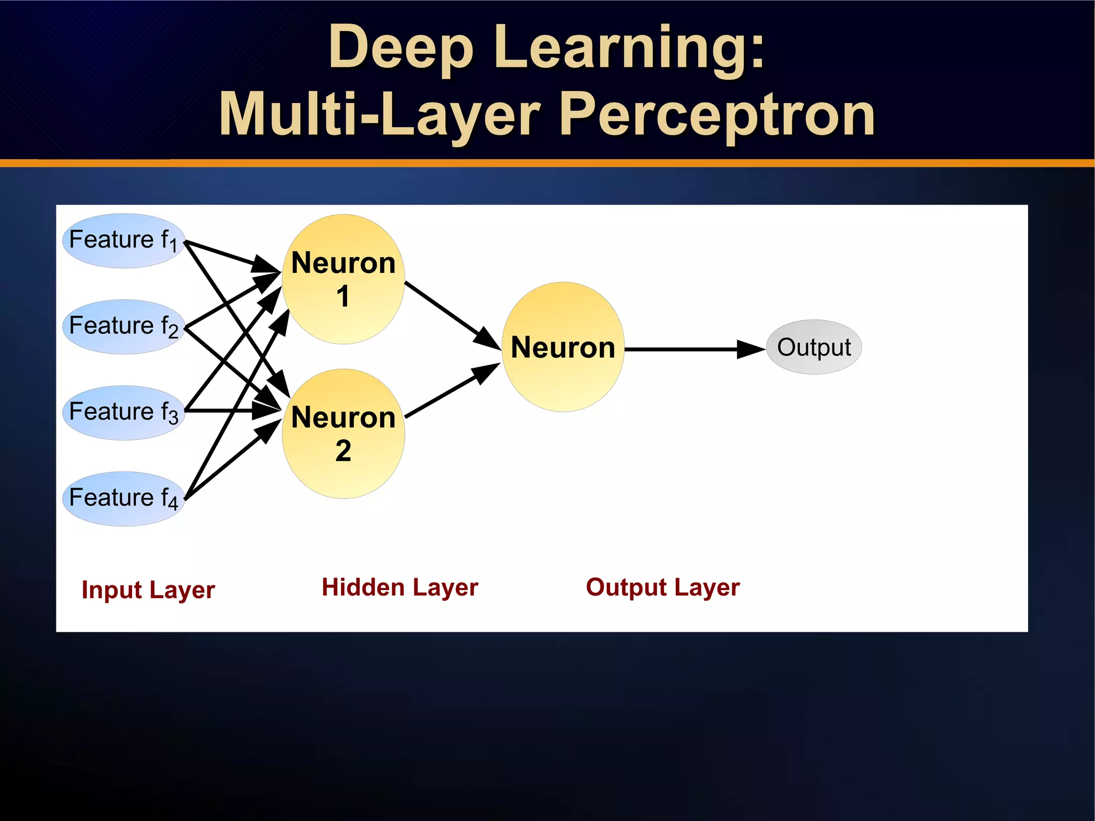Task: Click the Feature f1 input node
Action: click(124, 241)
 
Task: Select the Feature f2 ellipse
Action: click(124, 327)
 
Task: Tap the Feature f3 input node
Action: click(124, 413)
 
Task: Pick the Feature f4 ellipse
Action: click(124, 499)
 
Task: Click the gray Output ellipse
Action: click(814, 347)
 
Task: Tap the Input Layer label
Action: click(148, 590)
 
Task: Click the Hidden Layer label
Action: click(400, 587)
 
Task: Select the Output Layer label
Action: click(663, 587)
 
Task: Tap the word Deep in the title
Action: click(401, 48)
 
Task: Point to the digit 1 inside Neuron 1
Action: click(343, 297)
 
